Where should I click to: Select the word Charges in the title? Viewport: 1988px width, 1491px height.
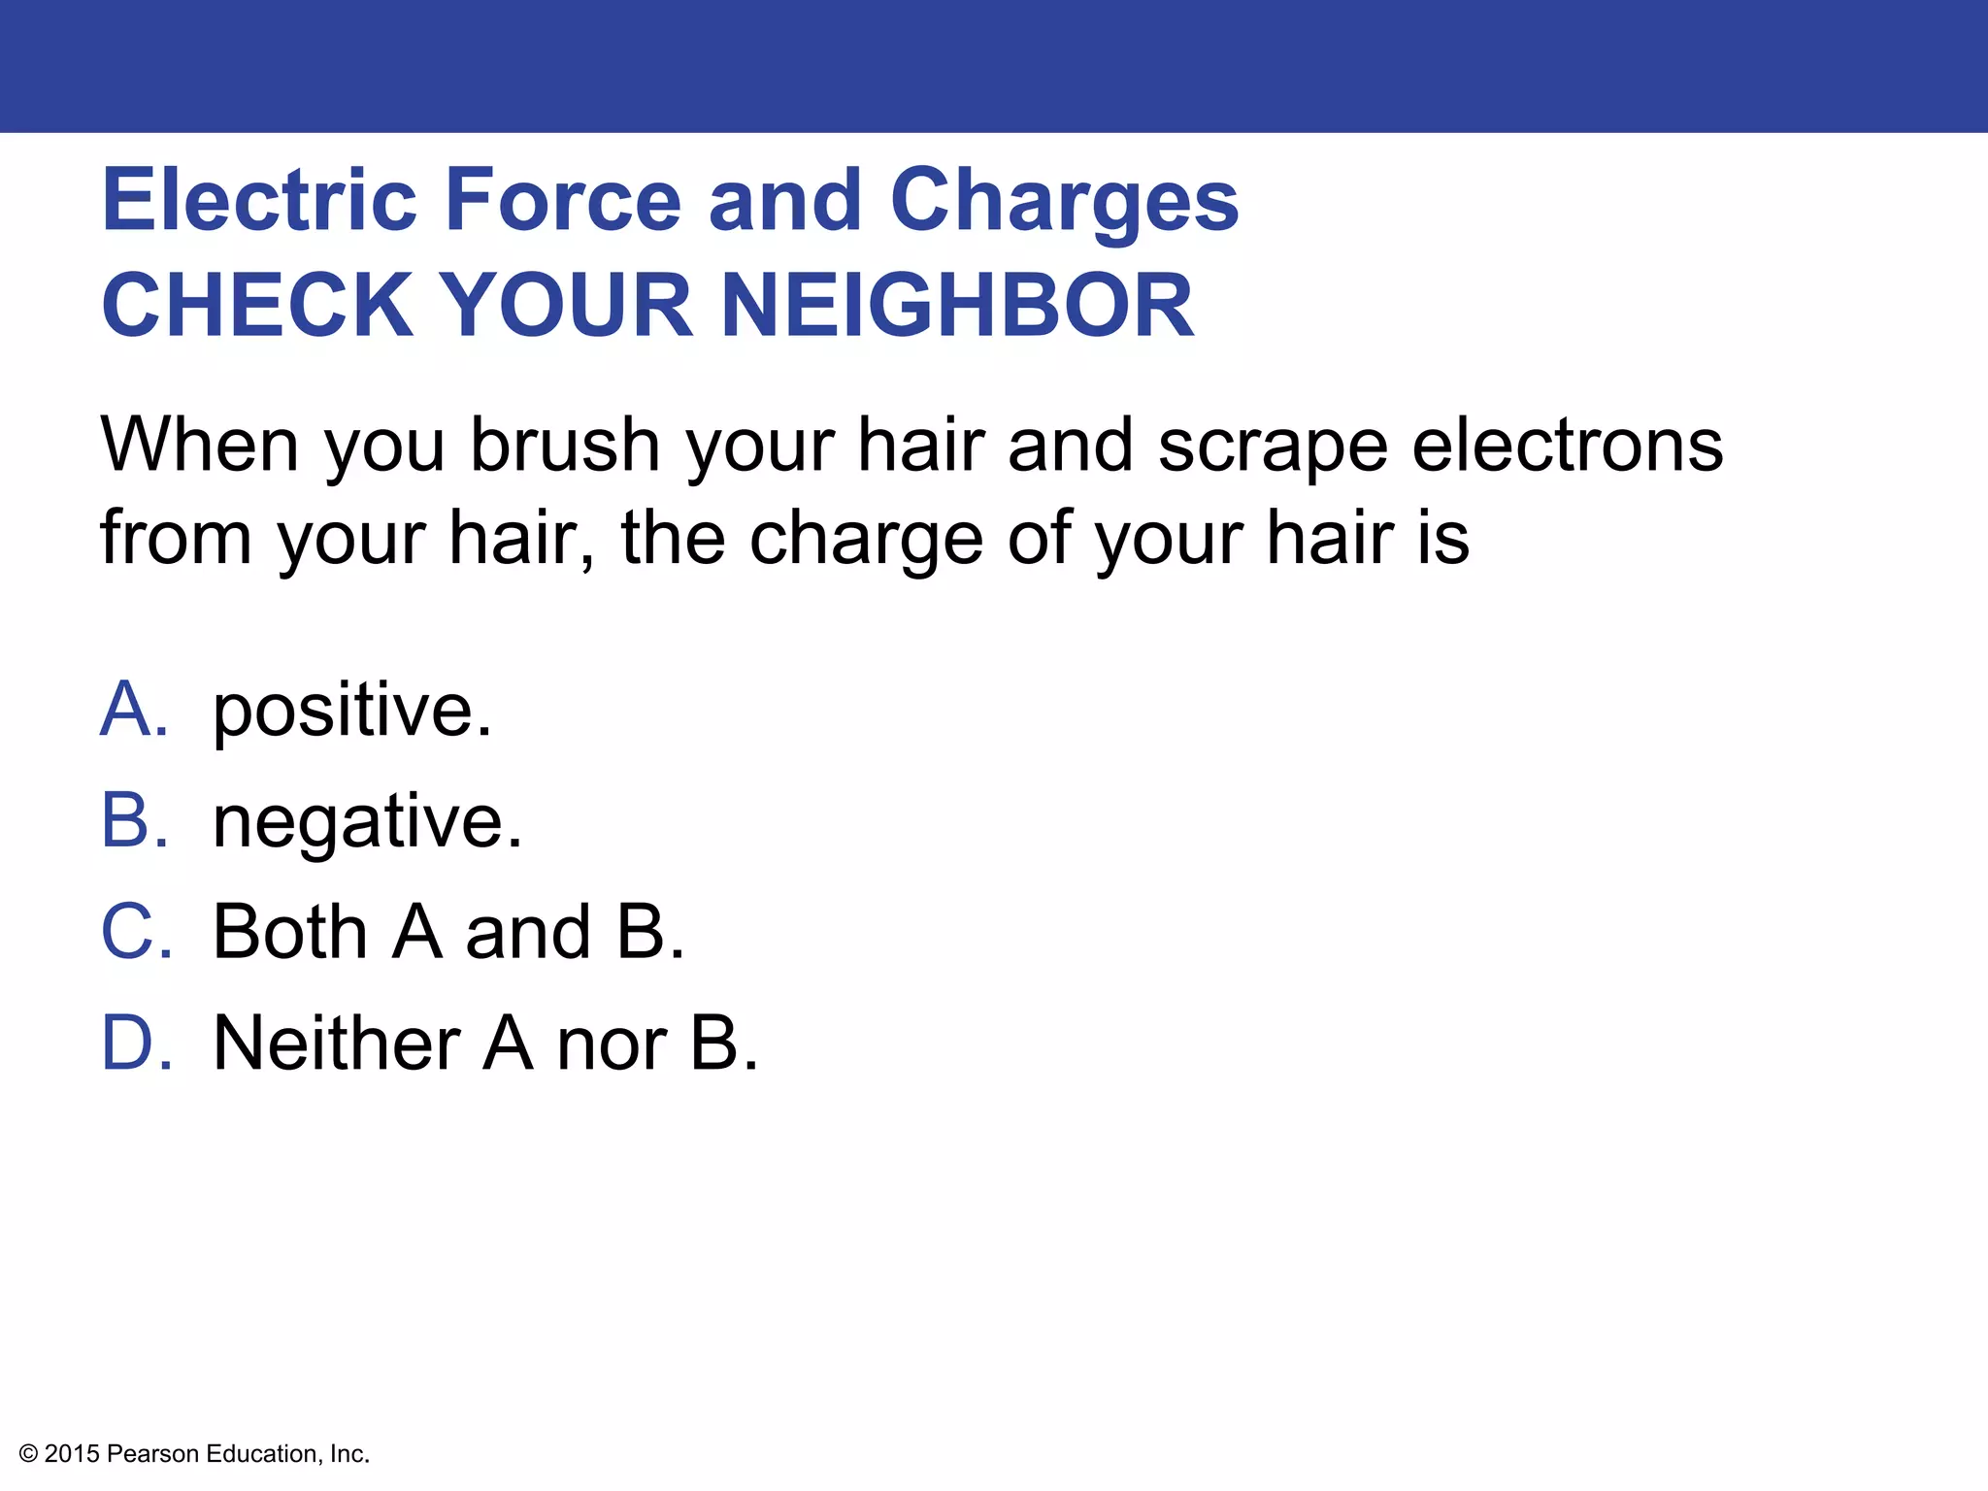(x=1064, y=202)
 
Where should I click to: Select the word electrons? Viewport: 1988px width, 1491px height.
(x=1567, y=445)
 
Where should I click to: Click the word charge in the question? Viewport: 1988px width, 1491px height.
(x=867, y=540)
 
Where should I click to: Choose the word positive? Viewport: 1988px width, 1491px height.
(x=351, y=711)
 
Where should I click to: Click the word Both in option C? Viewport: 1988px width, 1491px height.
(x=289, y=931)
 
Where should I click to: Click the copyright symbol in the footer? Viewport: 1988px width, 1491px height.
(x=28, y=1453)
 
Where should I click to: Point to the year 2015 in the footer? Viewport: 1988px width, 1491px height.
(x=72, y=1453)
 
